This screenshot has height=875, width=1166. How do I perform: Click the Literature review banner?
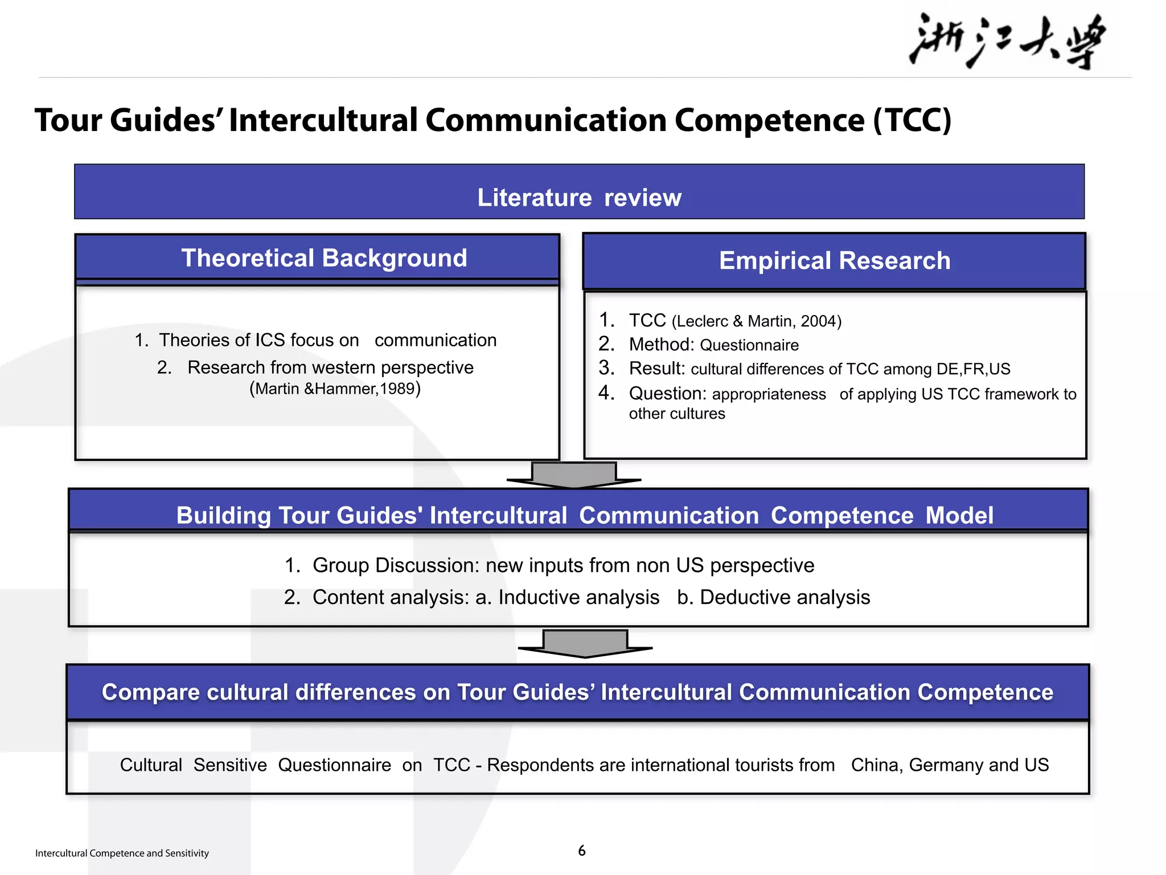[579, 197]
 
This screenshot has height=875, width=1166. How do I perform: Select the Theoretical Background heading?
[324, 258]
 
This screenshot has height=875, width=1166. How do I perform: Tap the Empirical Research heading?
[835, 261]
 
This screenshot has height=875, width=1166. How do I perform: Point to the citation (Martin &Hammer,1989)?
[335, 389]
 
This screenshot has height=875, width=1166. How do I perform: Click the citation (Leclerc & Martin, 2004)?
[756, 321]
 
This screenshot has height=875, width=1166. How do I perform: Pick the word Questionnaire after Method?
[749, 345]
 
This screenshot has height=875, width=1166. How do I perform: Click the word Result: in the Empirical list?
[656, 369]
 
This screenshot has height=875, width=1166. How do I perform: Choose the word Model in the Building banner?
[959, 516]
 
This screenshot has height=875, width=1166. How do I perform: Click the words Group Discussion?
[396, 565]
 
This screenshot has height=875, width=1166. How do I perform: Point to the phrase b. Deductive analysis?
[773, 597]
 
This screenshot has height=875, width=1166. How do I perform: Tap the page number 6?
[582, 851]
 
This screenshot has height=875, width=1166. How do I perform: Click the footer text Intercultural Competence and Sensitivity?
[122, 853]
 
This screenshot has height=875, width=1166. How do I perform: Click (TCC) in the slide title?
[912, 120]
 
